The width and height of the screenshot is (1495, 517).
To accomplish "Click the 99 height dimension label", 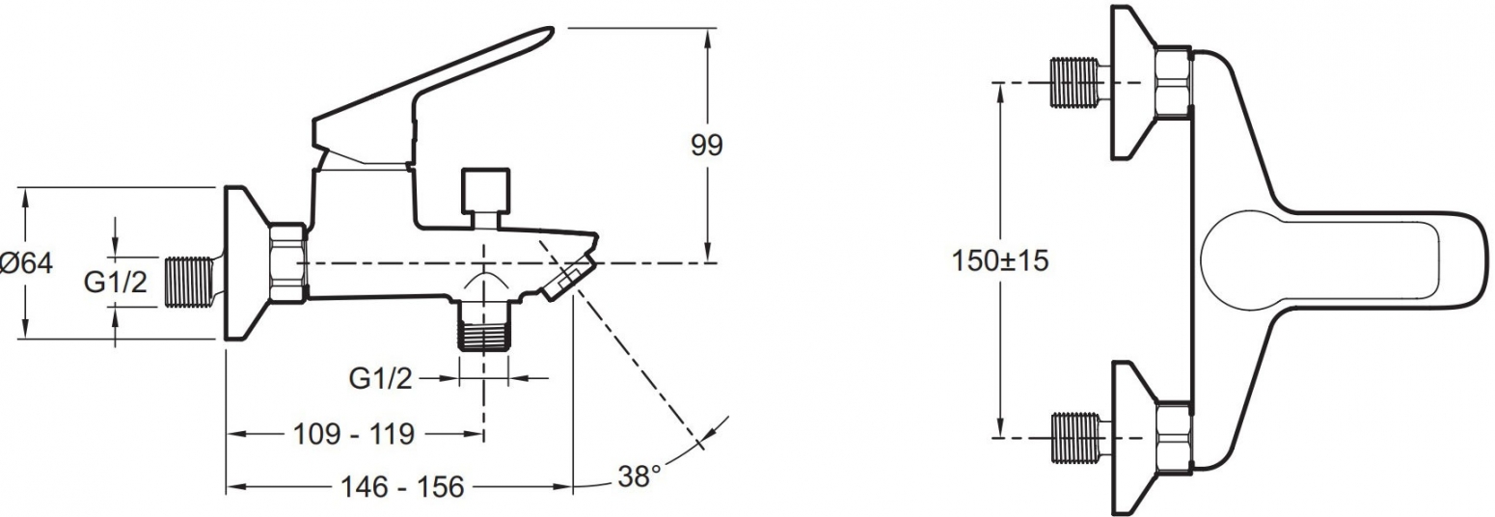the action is [706, 145].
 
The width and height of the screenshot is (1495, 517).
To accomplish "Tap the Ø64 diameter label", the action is [27, 262].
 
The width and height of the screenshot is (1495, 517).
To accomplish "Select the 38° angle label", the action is [639, 477].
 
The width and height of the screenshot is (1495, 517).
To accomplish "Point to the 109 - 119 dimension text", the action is [354, 435].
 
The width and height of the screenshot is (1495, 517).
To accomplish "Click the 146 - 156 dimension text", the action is [402, 487].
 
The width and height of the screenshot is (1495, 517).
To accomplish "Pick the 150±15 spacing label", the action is [1000, 260].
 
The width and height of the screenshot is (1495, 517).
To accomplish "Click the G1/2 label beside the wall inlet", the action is [115, 283].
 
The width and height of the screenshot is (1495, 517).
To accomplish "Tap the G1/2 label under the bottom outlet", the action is [380, 379].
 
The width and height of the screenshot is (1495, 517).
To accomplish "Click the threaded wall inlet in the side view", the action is [188, 283].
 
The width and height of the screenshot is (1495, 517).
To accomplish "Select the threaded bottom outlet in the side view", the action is [484, 327].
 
